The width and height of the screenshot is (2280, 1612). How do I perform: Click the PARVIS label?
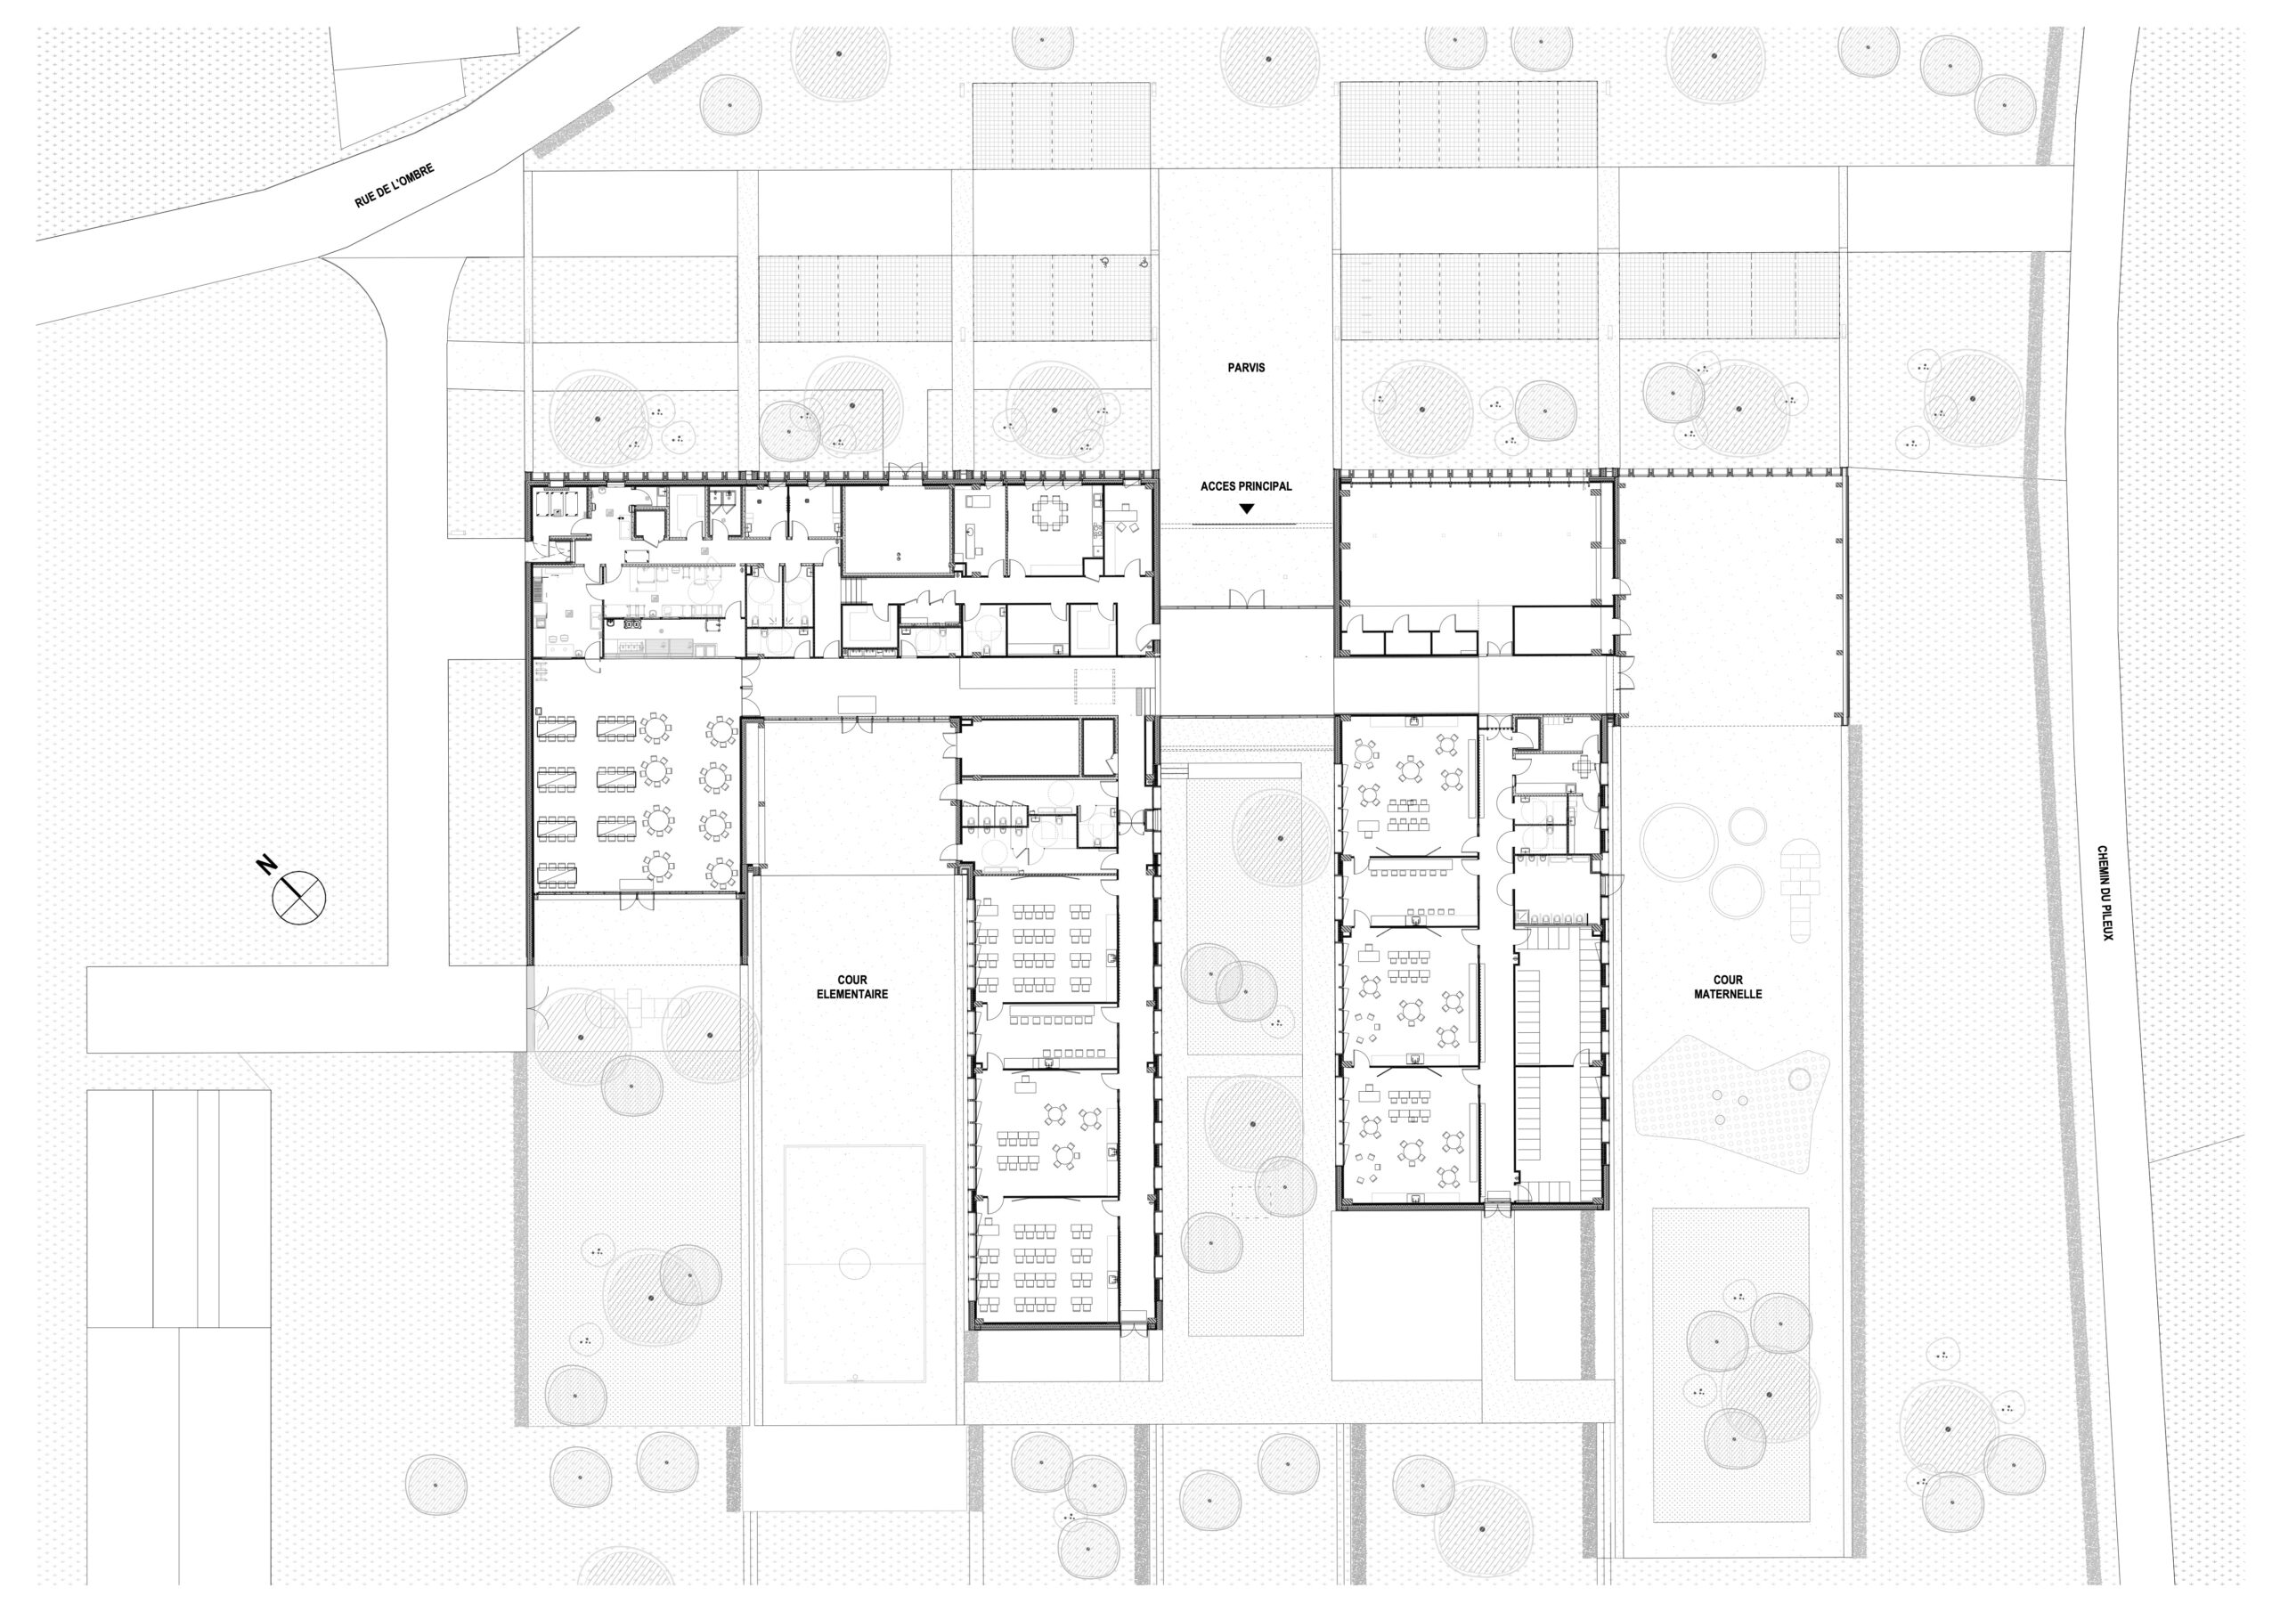coord(1246,368)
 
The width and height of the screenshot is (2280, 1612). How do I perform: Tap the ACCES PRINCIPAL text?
coord(1246,486)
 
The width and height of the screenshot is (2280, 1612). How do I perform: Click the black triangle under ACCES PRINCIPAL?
coord(1246,509)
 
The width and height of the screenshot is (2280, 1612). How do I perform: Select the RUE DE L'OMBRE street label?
coord(395,186)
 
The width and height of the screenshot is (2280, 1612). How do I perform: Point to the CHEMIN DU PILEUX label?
coord(2104,893)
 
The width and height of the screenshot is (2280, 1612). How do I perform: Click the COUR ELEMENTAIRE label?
coord(852,988)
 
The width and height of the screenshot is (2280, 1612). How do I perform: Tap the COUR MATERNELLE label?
coord(1727,988)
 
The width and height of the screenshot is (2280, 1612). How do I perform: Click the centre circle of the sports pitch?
coord(855,1265)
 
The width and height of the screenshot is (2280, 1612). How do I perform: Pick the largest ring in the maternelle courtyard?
coord(1678,843)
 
